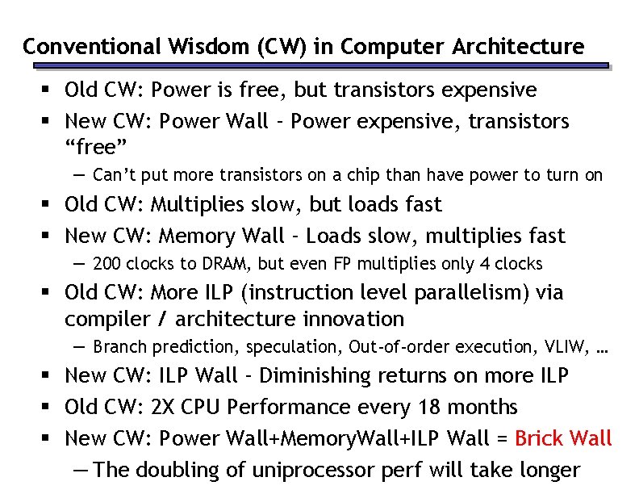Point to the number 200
(x=106, y=264)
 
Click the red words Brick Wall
(x=563, y=438)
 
